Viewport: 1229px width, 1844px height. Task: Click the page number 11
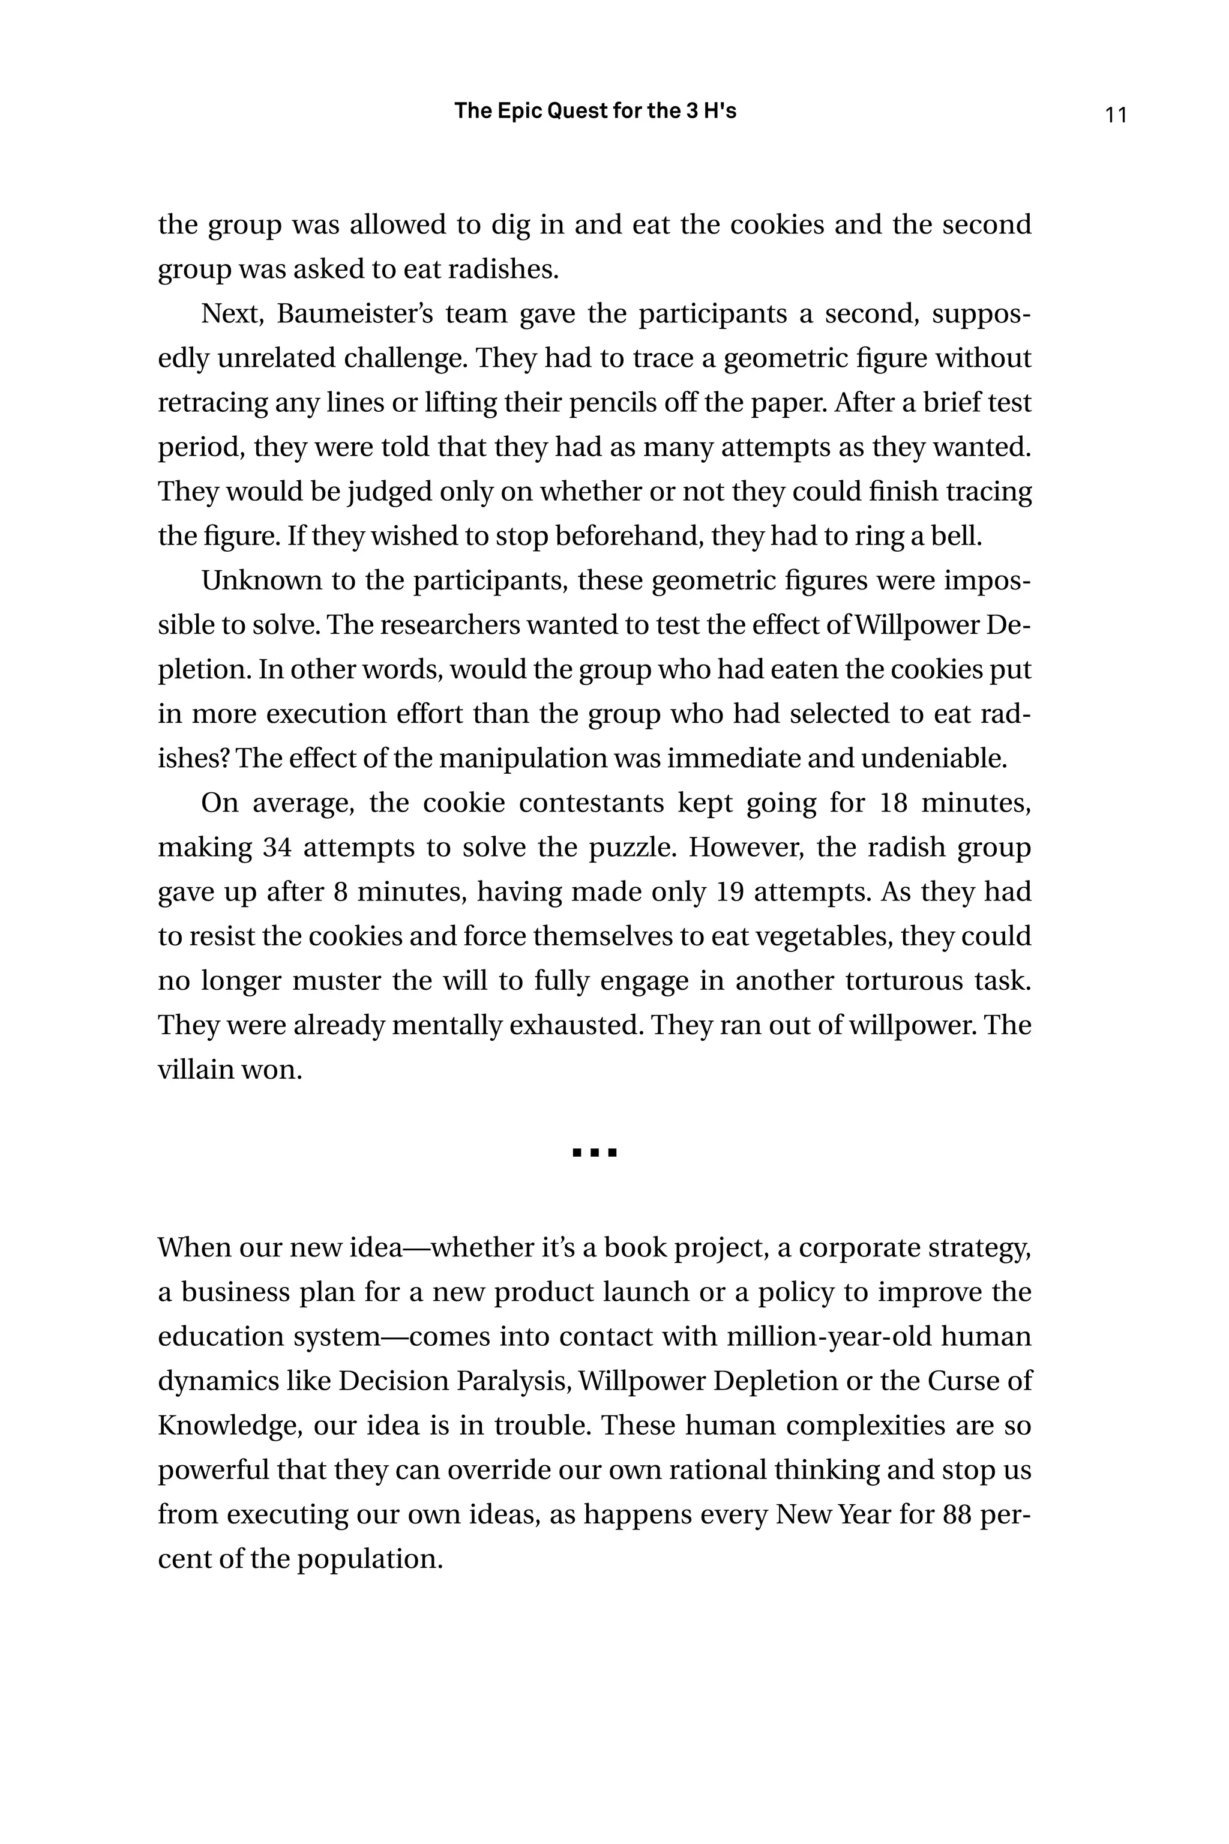click(1116, 115)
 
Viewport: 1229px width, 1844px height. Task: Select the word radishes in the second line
click(508, 269)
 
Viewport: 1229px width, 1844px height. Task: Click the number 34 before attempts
click(277, 848)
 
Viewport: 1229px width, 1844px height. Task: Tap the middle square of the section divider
click(595, 1152)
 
